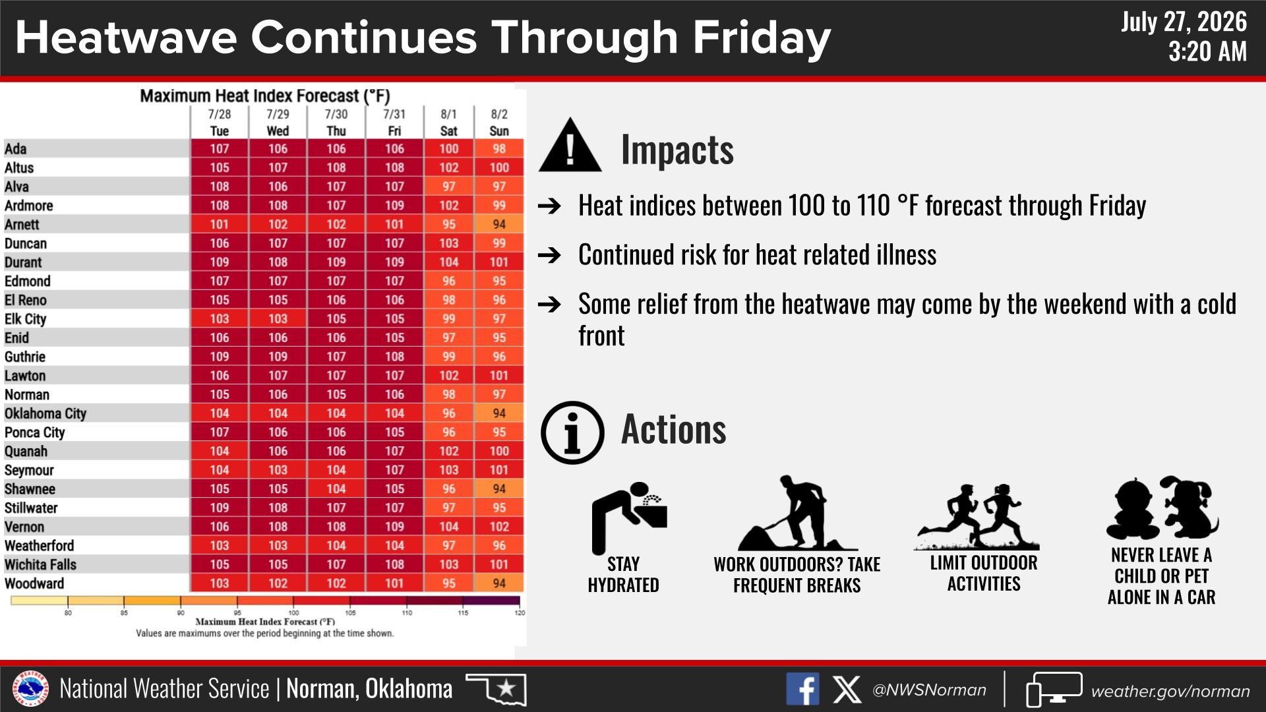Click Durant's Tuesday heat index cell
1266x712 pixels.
pos(220,262)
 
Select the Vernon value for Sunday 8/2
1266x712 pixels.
pos(499,527)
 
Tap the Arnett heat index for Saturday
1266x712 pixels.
pos(449,225)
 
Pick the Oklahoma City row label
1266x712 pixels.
pos(45,413)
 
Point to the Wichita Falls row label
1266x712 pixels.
pos(40,564)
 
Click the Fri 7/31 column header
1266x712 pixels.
pos(394,123)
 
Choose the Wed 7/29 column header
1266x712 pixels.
pos(278,123)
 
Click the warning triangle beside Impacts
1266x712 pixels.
pos(570,146)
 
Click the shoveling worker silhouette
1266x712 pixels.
pos(797,514)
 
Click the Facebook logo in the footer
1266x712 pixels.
pos(802,690)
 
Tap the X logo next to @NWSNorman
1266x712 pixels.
pos(847,690)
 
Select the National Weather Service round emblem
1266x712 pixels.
pos(31,689)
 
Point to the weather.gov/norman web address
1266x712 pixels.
pos(1170,691)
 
